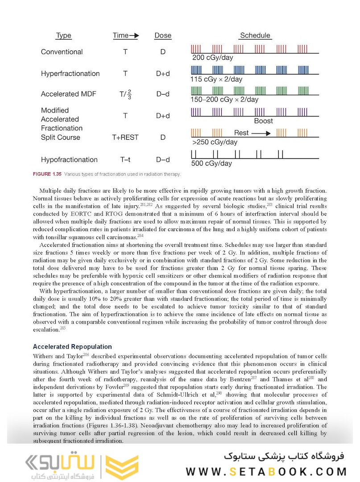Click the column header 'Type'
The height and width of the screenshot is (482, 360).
coord(63,36)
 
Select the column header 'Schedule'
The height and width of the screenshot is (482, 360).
coord(255,36)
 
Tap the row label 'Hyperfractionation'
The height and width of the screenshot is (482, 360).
coord(70,74)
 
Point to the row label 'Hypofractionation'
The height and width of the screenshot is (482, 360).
coord(69,160)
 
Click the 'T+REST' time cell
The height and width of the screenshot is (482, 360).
coord(125,137)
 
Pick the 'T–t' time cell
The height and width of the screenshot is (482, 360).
coord(125,160)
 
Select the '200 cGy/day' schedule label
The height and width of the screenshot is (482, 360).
coord(212,58)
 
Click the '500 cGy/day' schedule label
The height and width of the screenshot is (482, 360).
coord(212,163)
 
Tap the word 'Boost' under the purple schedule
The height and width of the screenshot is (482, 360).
coord(263,121)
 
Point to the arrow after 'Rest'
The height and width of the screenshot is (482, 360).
coord(261,133)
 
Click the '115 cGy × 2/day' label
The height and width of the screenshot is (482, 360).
coord(216,79)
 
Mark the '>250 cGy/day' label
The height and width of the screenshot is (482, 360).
coord(215,142)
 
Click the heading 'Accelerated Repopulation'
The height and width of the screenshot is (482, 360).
coord(72,347)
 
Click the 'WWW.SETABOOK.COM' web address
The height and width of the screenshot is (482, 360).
coord(266,471)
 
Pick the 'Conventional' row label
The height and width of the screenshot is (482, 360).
coord(62,52)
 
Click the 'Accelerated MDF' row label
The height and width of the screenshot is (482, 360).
coord(68,94)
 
